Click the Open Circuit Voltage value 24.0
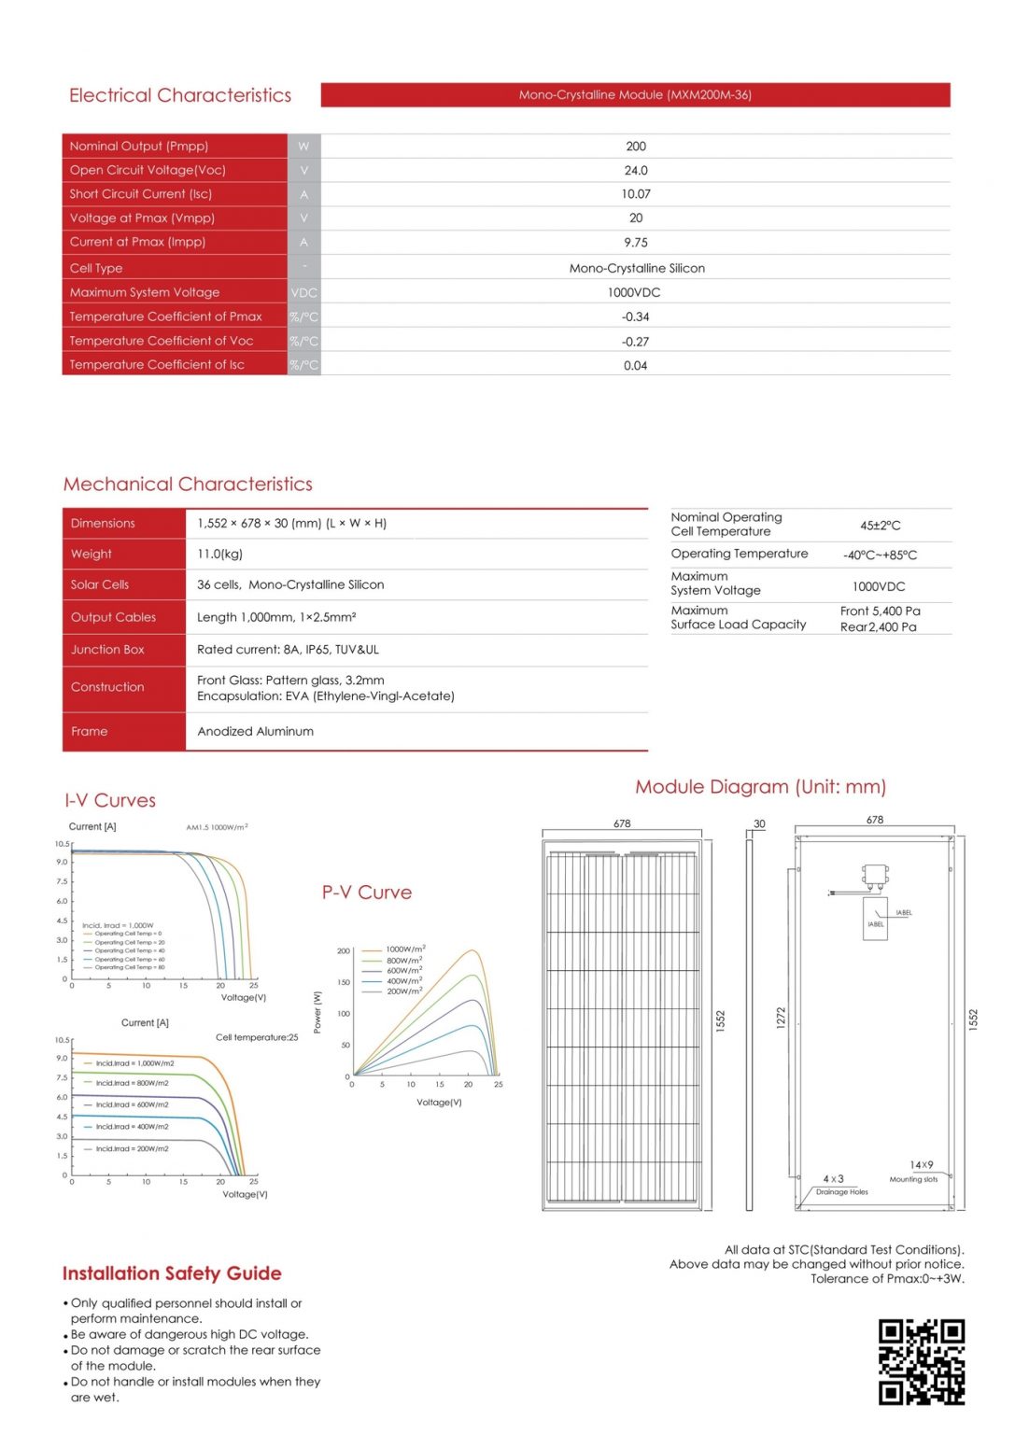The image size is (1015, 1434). (x=635, y=171)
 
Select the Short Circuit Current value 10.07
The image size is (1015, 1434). (x=635, y=194)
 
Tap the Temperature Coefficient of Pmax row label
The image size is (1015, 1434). (x=165, y=316)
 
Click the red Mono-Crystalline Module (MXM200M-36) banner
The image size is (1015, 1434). (x=635, y=94)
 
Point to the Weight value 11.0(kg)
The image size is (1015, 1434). (x=219, y=554)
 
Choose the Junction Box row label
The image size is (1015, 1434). (x=107, y=650)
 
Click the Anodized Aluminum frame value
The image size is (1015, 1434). (x=255, y=731)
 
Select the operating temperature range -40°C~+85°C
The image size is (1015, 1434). (x=880, y=555)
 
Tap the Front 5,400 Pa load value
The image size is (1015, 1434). (x=880, y=611)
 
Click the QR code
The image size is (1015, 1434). (x=921, y=1361)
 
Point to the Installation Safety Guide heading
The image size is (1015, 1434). (x=172, y=1273)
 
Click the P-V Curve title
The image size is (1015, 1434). (x=366, y=893)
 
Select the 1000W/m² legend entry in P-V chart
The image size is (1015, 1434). (x=405, y=949)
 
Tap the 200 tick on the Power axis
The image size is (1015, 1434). (x=343, y=951)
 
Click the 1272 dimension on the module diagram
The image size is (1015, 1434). (x=781, y=1018)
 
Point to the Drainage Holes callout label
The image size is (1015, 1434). (x=841, y=1192)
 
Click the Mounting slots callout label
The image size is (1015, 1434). (x=913, y=1179)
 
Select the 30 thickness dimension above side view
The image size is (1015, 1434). (x=759, y=823)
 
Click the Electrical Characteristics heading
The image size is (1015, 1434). (x=180, y=95)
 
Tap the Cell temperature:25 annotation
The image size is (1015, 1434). (x=257, y=1037)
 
